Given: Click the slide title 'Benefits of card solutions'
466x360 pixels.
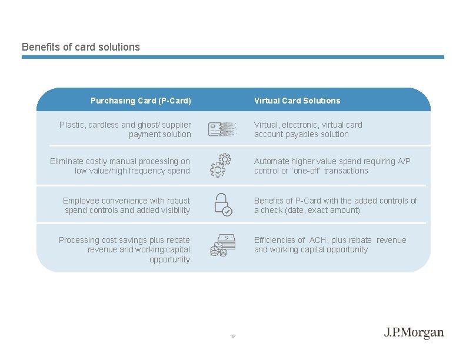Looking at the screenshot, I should tap(81, 46).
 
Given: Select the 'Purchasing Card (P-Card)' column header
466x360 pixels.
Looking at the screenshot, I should tap(141, 101).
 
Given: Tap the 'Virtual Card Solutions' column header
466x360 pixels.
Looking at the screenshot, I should tap(297, 101).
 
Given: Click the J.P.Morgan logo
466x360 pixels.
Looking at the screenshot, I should tap(414, 333).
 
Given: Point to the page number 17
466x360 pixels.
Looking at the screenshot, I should tap(233, 336).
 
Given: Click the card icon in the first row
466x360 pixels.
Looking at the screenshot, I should tap(222, 129).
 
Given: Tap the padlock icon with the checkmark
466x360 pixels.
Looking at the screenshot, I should tap(221, 204).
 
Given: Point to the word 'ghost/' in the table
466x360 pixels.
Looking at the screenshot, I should tap(156, 125).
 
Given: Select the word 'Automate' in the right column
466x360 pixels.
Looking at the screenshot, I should tap(272, 161).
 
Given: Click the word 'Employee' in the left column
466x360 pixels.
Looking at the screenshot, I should tap(81, 201).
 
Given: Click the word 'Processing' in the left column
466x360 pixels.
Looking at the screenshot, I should tap(79, 240).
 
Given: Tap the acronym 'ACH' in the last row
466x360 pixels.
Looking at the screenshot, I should tap(318, 240).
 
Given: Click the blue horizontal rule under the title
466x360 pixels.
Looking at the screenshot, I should tap(233, 57).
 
